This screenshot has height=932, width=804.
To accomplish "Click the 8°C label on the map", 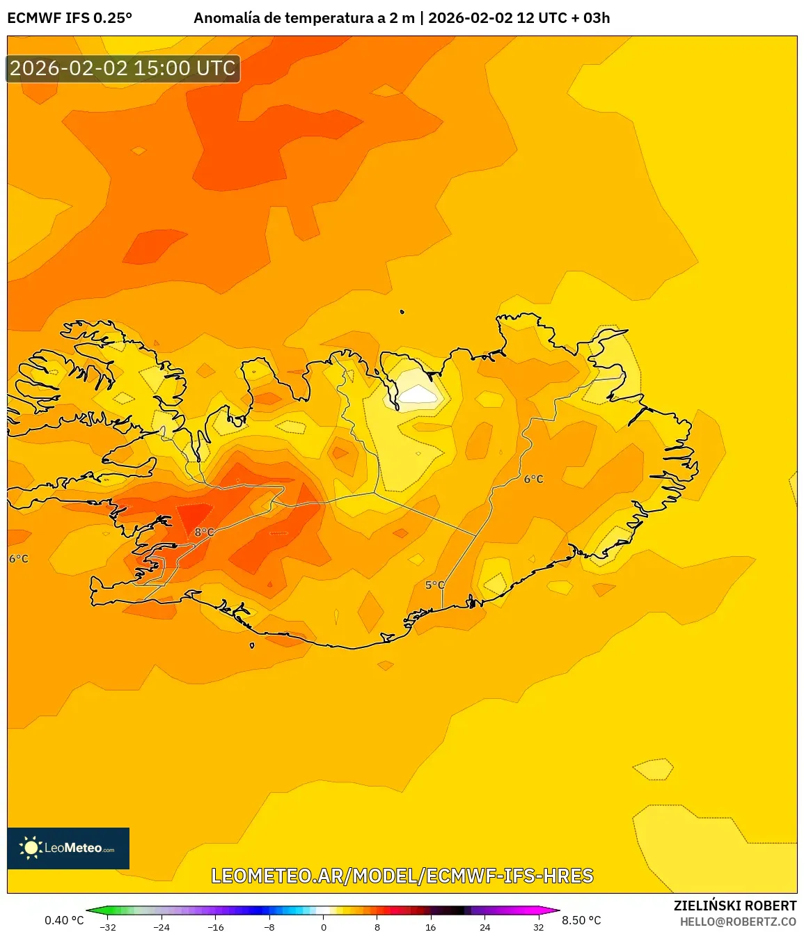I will click(204, 532).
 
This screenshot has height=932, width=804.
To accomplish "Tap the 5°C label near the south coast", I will click(434, 585).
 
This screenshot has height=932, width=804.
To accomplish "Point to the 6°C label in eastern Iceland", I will click(533, 480).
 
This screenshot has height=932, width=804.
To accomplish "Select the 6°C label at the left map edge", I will click(19, 559).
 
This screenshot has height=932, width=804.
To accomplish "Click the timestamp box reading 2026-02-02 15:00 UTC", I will click(123, 68).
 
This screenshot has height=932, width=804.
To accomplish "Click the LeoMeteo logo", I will click(68, 848).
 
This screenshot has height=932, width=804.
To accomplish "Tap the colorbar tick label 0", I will click(323, 927).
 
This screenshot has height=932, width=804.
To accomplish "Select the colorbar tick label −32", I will click(107, 927).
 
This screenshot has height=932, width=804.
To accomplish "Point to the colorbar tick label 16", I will click(431, 927).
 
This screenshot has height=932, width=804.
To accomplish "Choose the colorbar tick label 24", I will click(484, 927).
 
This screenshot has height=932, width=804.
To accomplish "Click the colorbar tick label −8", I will click(269, 927).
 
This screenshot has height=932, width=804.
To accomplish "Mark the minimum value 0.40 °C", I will click(64, 920).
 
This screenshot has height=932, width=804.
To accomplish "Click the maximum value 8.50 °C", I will click(581, 920).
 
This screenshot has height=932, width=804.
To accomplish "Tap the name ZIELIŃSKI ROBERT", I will click(734, 906).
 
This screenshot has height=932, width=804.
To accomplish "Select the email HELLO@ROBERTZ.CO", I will click(738, 922).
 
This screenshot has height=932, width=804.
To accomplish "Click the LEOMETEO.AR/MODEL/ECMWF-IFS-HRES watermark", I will click(402, 876).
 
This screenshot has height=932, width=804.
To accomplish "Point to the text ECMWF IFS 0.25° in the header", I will click(70, 18).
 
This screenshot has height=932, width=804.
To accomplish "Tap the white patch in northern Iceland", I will click(418, 395).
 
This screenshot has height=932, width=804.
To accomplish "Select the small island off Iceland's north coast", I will click(402, 313).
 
